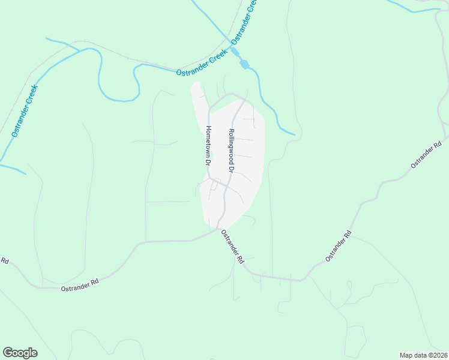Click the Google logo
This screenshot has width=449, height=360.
click(x=20, y=353)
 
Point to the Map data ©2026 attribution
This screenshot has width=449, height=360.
click(x=423, y=355)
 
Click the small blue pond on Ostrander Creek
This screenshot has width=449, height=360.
click(x=244, y=64)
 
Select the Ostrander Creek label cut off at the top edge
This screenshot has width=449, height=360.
click(x=245, y=21)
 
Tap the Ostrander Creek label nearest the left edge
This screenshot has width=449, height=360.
click(x=25, y=111)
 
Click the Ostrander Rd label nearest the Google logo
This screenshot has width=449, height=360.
click(x=79, y=285)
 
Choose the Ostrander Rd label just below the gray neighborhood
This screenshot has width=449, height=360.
click(x=232, y=248)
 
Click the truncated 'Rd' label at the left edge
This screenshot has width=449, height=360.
click(x=4, y=260)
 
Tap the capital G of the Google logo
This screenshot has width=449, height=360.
click(x=8, y=353)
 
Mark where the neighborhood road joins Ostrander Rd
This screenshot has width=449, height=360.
click(x=218, y=229)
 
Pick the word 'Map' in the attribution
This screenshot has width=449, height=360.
click(x=406, y=355)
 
